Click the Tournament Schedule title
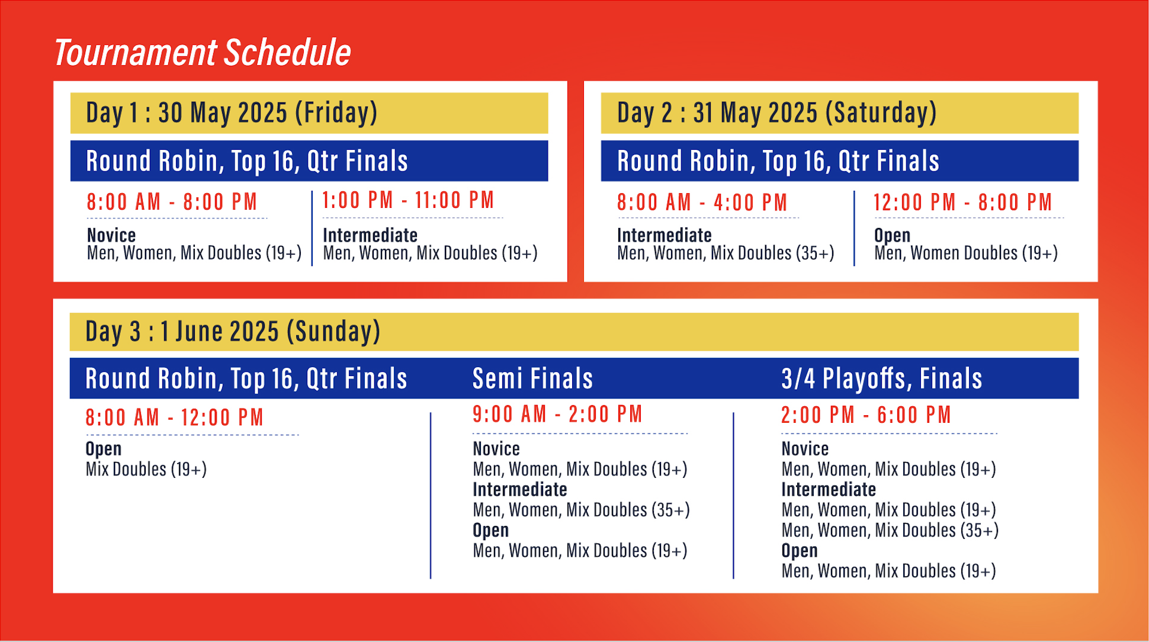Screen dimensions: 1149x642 point(203,53)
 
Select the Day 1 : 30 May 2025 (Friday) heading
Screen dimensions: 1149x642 point(232,113)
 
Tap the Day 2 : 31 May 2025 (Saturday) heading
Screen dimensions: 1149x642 point(776,113)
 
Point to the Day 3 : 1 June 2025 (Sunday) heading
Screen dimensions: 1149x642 point(233,331)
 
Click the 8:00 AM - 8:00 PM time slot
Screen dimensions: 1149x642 point(172,202)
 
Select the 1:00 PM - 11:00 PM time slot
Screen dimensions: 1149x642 point(408,200)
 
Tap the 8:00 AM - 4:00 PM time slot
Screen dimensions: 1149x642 point(702,203)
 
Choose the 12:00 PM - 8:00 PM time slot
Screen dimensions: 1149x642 point(962,203)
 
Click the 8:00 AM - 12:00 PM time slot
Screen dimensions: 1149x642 point(174,418)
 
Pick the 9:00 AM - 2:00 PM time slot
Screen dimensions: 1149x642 point(557,414)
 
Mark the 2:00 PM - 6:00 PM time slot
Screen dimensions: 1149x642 point(866,415)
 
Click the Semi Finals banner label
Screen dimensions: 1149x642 point(532,378)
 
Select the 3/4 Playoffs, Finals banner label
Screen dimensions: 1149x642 point(881,378)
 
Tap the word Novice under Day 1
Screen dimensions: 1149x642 point(111,235)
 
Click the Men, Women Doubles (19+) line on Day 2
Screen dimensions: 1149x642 point(966,253)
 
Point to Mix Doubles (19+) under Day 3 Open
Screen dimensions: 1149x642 point(146,469)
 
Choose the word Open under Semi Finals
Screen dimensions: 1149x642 point(490,531)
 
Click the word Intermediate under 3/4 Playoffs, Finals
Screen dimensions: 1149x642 point(829,489)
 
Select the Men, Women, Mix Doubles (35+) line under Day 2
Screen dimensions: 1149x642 point(726,253)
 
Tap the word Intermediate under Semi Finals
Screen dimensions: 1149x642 point(520,489)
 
